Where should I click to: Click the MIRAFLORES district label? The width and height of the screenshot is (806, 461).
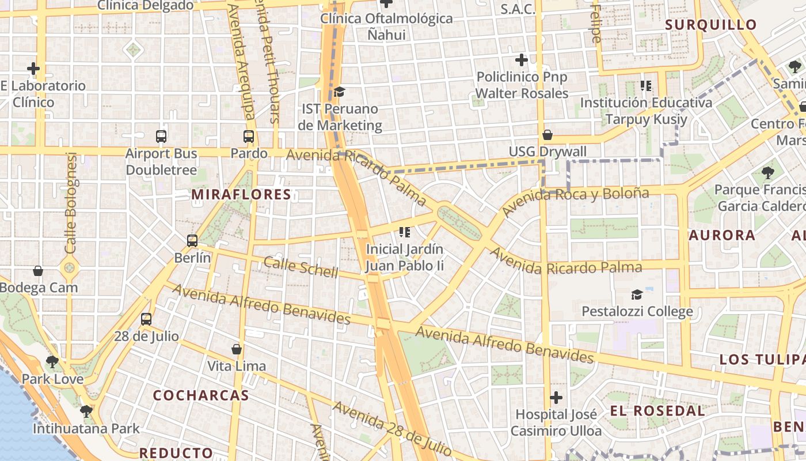[241, 195]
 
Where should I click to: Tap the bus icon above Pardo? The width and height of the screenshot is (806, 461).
[249, 137]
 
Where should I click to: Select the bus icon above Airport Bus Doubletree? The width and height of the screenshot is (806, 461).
[161, 137]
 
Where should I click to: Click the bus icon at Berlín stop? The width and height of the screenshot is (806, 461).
[192, 241]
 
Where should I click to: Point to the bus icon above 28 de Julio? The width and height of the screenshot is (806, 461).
[146, 319]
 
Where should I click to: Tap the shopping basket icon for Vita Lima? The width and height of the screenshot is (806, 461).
[236, 349]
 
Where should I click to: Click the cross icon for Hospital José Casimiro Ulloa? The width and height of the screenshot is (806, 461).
[556, 398]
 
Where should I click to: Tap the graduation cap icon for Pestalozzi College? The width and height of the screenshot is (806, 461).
[637, 295]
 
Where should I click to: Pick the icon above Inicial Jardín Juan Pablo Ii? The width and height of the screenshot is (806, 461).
[405, 232]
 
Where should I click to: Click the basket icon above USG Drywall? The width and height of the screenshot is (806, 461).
[548, 135]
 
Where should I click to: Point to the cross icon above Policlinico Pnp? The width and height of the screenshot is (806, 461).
[522, 60]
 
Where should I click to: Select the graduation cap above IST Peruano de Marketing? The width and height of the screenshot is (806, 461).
[340, 92]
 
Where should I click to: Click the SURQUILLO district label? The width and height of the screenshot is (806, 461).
[710, 25]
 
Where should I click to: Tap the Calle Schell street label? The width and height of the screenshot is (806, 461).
[301, 267]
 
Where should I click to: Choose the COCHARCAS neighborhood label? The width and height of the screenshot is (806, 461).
[201, 396]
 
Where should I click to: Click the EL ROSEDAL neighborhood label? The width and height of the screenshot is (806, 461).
[657, 411]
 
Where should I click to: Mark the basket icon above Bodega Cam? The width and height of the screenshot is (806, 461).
[38, 271]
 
